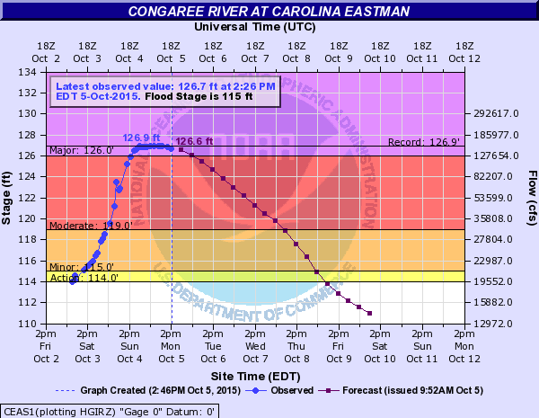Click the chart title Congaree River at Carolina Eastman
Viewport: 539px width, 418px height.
[269, 11]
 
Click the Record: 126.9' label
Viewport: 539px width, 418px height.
[425, 142]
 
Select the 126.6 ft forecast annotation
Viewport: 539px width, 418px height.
[194, 141]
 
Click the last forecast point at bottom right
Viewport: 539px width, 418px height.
[370, 313]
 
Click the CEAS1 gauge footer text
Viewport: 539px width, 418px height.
[109, 410]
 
